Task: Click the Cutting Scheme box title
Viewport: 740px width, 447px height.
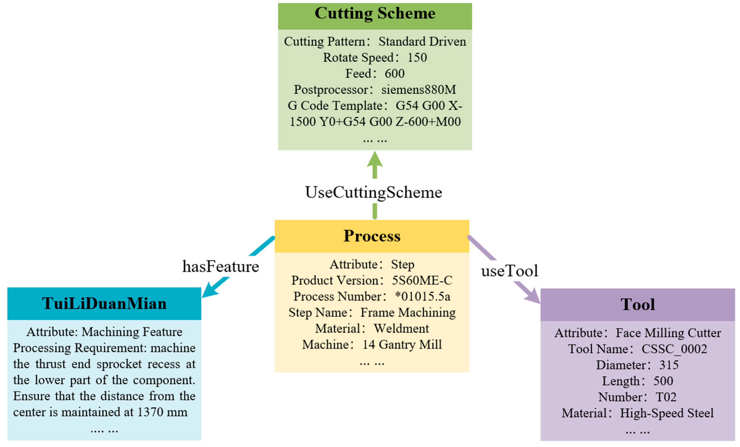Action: (375, 14)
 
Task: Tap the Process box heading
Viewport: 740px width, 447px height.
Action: (372, 236)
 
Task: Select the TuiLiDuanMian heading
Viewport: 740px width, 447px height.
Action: (104, 304)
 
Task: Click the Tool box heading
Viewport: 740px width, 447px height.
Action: (638, 304)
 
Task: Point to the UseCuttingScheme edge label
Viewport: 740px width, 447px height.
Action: (374, 192)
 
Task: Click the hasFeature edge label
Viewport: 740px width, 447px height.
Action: (221, 267)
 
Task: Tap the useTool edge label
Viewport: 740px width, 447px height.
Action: (509, 271)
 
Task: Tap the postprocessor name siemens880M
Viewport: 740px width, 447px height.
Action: (419, 89)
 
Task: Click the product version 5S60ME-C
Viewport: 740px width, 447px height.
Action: (422, 280)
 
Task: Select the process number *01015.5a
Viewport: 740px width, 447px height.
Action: (423, 297)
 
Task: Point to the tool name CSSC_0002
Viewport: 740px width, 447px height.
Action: (674, 349)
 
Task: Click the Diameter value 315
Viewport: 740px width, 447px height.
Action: (669, 365)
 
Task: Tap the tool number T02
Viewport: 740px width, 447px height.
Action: (666, 397)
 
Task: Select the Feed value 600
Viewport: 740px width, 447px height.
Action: (395, 73)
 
